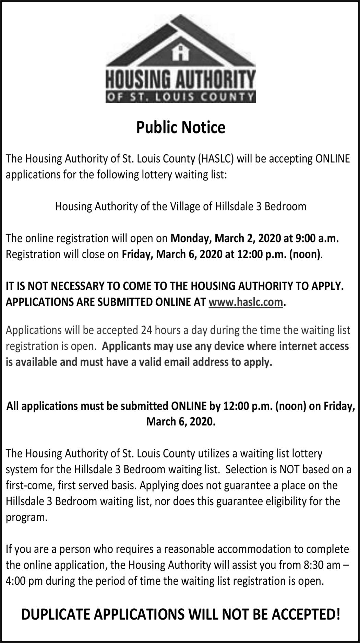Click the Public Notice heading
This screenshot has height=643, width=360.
pos(181,127)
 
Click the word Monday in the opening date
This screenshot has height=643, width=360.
pos(187,238)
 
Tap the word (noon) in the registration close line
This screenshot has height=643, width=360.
pos(305,254)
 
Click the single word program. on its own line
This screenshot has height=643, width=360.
pos(26,517)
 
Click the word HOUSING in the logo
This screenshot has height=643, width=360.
pos(139,80)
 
